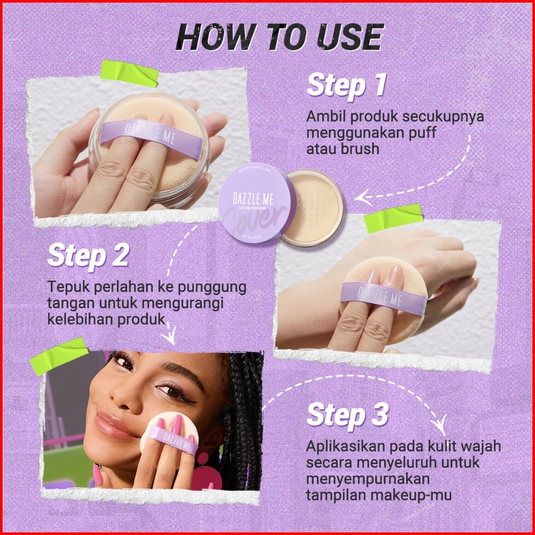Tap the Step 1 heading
point(346,85)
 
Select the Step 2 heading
point(88,255)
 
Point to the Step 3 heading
point(347,415)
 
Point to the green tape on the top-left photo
point(130,73)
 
